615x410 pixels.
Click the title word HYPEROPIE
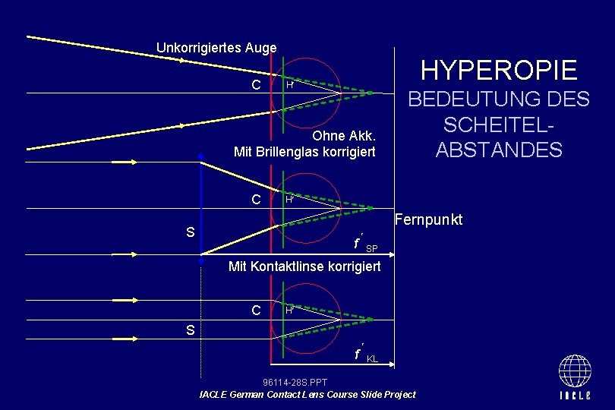click(x=499, y=71)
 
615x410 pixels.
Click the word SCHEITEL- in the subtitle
click(x=499, y=125)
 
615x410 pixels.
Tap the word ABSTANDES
click(x=499, y=150)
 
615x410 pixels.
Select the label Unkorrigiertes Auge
click(x=216, y=48)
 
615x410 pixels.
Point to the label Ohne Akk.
click(x=344, y=137)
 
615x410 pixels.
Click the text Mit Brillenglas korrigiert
click(x=305, y=152)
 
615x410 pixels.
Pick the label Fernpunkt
click(x=429, y=220)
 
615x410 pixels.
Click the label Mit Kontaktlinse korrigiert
click(x=305, y=266)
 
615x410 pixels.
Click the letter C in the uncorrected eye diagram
click(x=257, y=84)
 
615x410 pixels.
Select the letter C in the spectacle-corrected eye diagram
click(x=257, y=200)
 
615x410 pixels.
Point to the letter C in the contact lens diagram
click(x=257, y=310)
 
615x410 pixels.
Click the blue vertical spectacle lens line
click(x=201, y=205)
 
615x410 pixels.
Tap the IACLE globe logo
click(x=575, y=377)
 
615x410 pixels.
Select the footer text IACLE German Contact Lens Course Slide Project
click(x=307, y=394)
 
